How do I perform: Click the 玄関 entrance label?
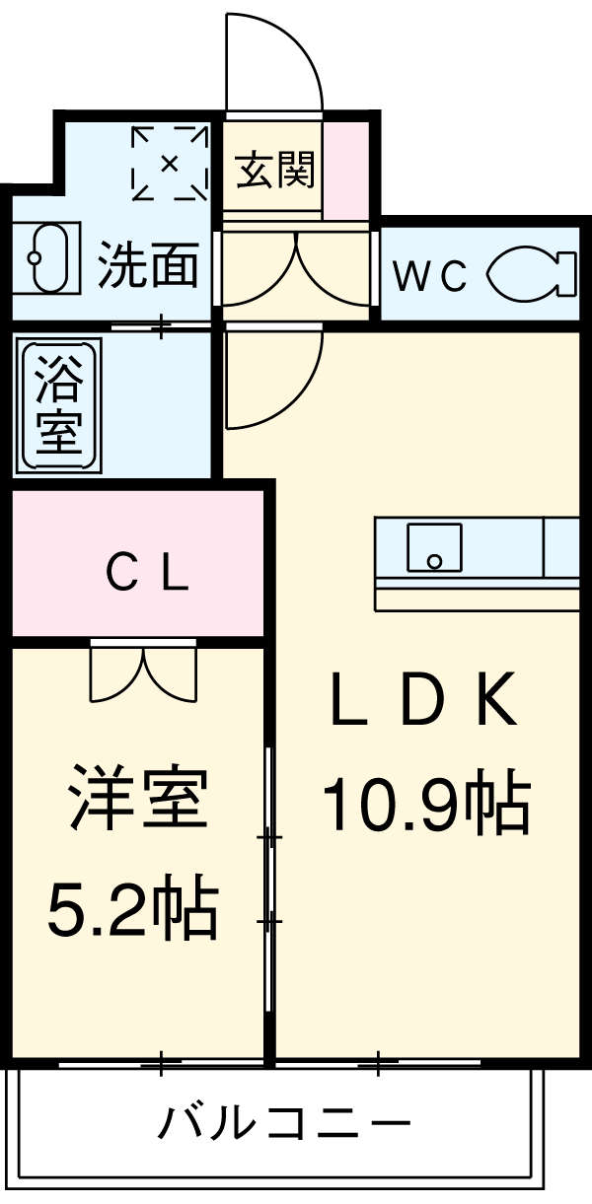point(275,170)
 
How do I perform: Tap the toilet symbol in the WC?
point(533,273)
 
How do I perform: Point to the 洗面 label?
point(148,265)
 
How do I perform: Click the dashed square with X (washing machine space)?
point(170,162)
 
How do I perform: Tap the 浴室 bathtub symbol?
point(60,405)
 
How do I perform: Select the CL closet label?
point(147,575)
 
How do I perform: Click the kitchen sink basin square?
point(434,547)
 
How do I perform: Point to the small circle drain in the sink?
point(433,562)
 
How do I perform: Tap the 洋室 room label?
point(137,797)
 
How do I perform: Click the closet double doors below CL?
point(144,672)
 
